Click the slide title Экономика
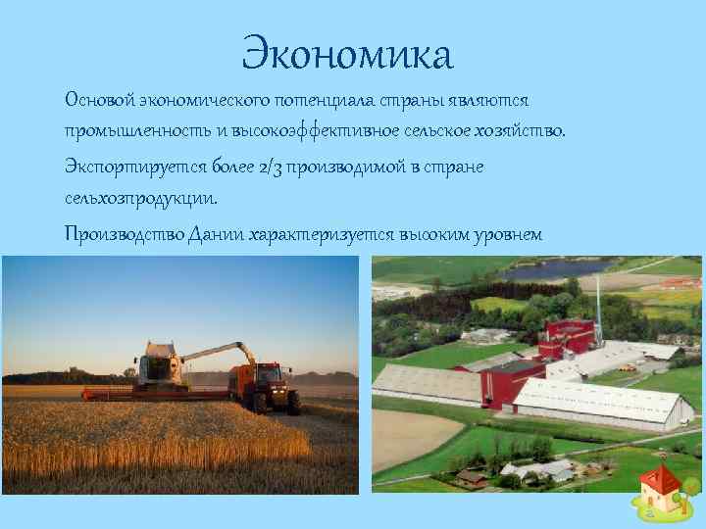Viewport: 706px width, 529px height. [348, 55]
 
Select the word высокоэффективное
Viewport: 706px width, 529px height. [318, 132]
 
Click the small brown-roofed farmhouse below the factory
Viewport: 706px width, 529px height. [472, 477]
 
